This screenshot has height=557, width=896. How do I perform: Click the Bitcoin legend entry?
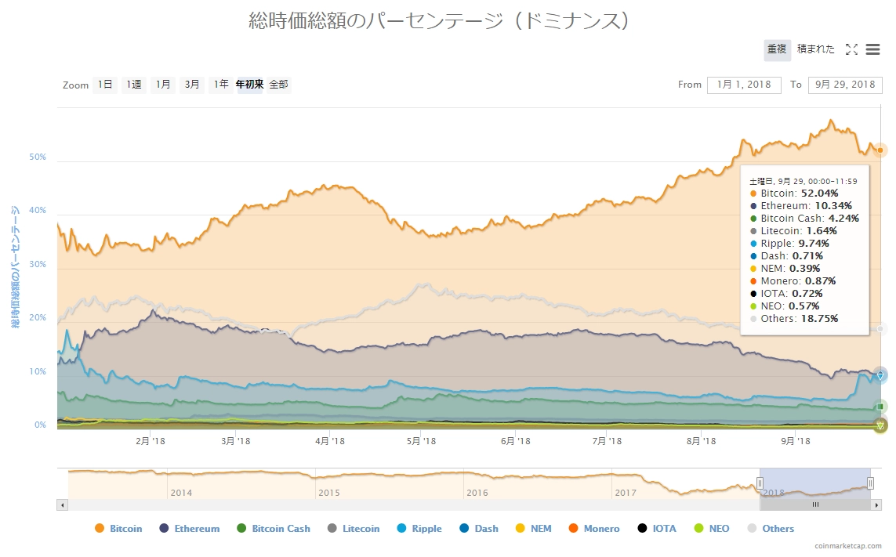click(x=118, y=529)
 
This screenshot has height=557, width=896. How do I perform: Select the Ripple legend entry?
click(x=419, y=529)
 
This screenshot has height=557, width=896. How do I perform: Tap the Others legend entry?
click(x=771, y=529)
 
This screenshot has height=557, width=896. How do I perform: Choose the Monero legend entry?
click(x=594, y=529)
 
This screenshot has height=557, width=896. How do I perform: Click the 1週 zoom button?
click(x=134, y=85)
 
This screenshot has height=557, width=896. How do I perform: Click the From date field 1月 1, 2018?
click(x=743, y=85)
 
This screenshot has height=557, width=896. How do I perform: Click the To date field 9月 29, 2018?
click(x=844, y=85)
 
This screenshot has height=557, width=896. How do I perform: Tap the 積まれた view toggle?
click(x=815, y=49)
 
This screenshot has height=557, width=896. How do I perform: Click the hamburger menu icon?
click(x=872, y=49)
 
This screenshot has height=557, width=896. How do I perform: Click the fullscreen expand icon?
click(x=852, y=49)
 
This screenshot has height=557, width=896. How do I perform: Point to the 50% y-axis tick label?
click(x=38, y=157)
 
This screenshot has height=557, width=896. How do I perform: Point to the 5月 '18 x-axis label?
click(x=421, y=441)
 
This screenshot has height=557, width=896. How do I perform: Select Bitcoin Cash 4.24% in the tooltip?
click(x=803, y=218)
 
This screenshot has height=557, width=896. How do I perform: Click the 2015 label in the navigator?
click(x=328, y=493)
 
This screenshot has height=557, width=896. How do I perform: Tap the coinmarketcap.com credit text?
click(x=848, y=546)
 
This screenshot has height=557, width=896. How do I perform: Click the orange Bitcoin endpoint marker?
click(x=880, y=150)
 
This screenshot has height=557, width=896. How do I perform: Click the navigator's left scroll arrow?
click(x=62, y=505)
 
